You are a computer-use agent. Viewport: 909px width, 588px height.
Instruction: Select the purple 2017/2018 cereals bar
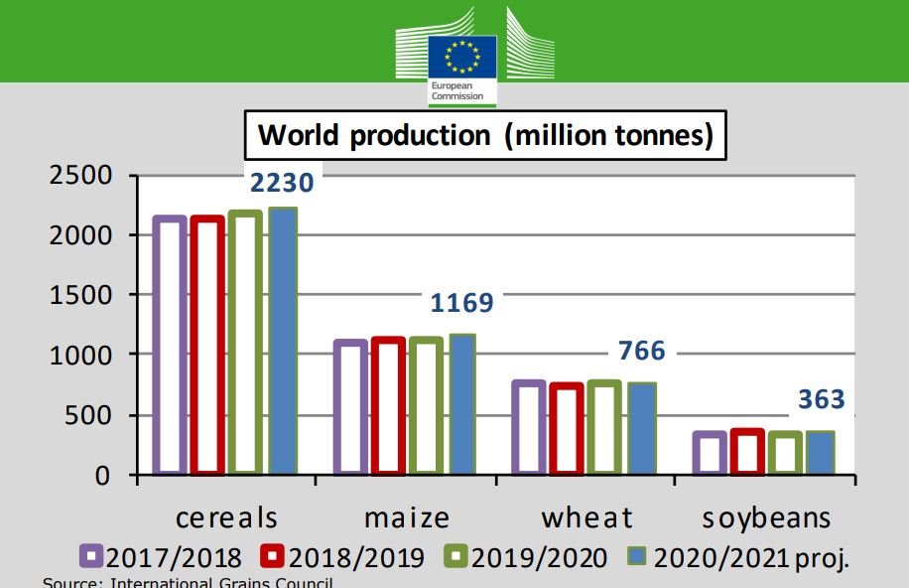click(170, 345)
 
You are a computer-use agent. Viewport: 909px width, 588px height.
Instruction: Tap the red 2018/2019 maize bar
click(389, 406)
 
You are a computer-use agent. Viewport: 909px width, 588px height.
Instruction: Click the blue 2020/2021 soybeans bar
click(820, 453)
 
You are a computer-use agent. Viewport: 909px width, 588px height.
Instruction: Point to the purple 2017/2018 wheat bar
click(528, 427)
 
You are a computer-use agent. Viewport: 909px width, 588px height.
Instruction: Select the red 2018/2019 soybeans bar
click(746, 452)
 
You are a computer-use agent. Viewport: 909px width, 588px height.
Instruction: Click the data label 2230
click(282, 183)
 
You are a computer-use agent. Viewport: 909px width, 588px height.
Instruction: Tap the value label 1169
click(460, 302)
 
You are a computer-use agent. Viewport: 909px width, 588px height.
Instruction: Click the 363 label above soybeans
click(822, 400)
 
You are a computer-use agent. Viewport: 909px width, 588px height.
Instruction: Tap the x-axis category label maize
click(407, 517)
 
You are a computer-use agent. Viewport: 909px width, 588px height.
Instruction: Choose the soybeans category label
click(767, 517)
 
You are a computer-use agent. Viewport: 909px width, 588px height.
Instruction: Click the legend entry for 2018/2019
click(342, 557)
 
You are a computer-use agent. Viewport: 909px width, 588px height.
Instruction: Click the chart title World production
click(485, 135)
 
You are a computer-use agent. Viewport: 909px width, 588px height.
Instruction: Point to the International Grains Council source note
click(188, 582)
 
